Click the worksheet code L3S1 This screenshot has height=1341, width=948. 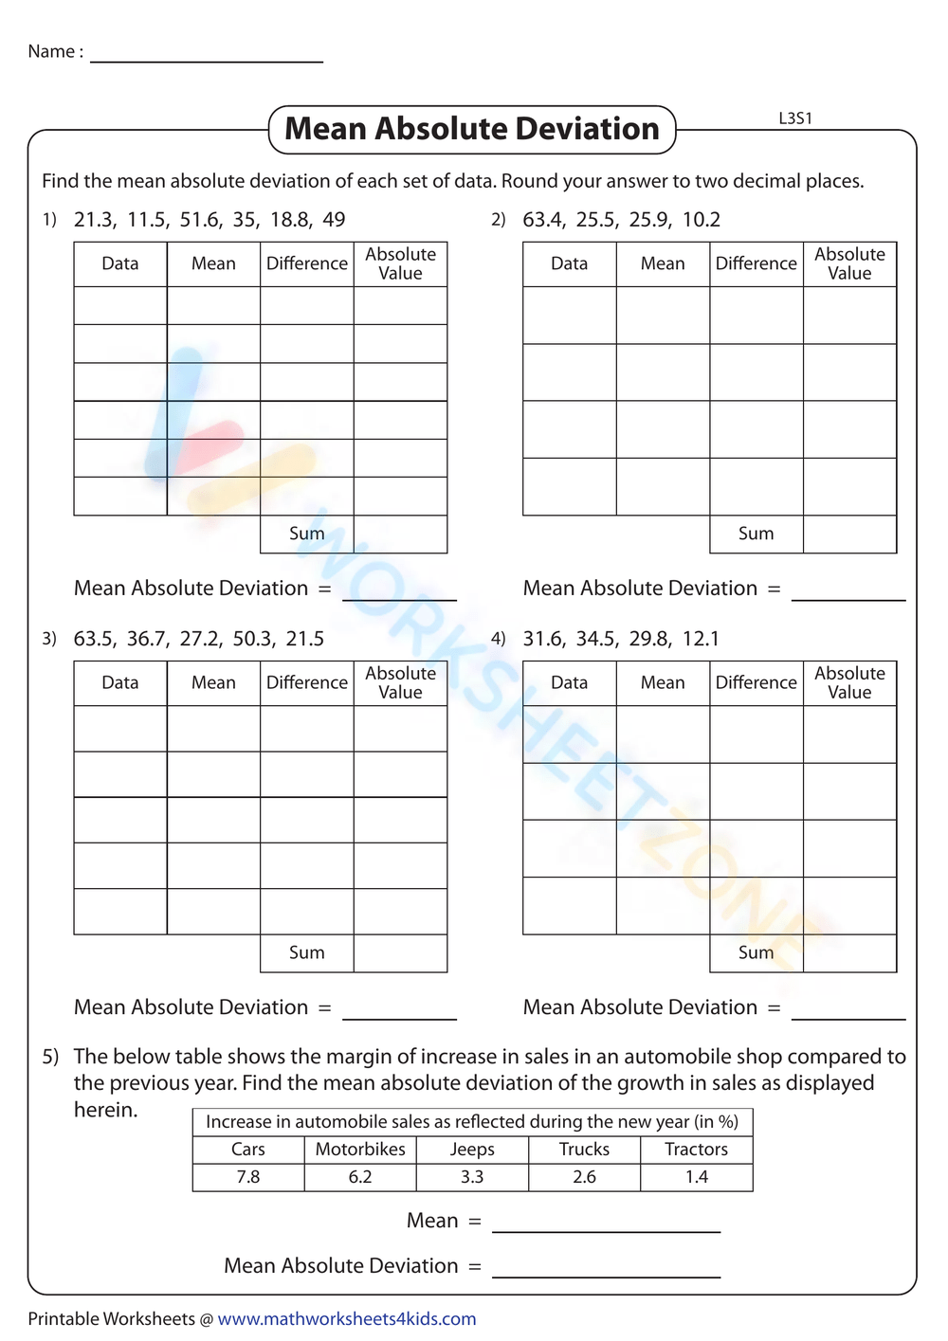pyautogui.click(x=795, y=118)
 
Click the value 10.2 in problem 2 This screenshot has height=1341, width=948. pyautogui.click(x=701, y=220)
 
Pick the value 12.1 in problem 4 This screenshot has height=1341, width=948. pyautogui.click(x=701, y=639)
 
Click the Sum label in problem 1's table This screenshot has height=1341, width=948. pyautogui.click(x=306, y=534)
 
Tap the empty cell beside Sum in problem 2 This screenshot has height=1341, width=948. pyautogui.click(x=849, y=534)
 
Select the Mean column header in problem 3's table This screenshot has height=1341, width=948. pyautogui.click(x=213, y=682)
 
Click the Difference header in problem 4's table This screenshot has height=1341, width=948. pyautogui.click(x=756, y=682)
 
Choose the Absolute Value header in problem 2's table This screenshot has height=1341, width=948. pyautogui.click(x=849, y=263)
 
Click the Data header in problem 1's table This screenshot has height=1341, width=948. pyautogui.click(x=120, y=263)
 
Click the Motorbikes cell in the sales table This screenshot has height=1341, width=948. pyautogui.click(x=360, y=1150)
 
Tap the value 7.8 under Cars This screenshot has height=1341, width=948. pyautogui.click(x=248, y=1177)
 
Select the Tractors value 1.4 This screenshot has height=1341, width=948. pyautogui.click(x=697, y=1177)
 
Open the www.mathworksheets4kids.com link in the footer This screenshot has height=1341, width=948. pyautogui.click(x=347, y=1319)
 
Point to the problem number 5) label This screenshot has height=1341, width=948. pyautogui.click(x=50, y=1057)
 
